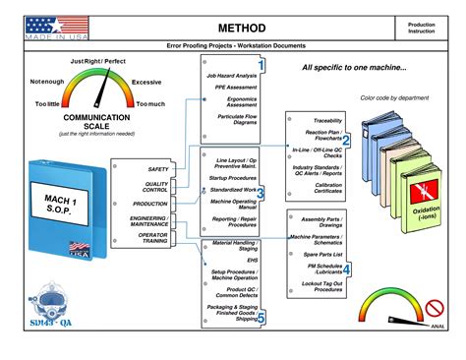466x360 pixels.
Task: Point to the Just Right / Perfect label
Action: click(98, 62)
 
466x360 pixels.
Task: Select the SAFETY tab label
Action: click(158, 170)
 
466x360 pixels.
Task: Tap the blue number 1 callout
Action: click(262, 66)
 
